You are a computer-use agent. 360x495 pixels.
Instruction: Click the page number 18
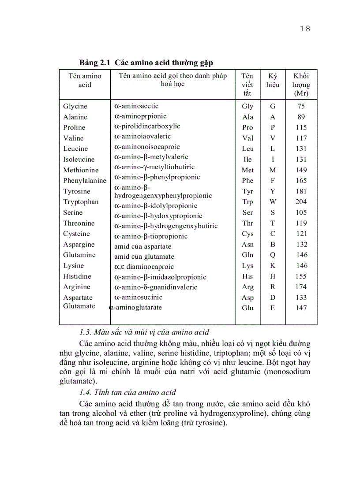point(305,29)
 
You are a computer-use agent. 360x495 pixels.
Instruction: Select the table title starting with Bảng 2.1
point(149,63)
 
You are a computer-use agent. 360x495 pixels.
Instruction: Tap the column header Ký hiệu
point(273,80)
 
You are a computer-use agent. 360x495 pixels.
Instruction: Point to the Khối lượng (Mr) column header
point(301,84)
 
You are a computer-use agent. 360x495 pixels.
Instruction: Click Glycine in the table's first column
point(75,106)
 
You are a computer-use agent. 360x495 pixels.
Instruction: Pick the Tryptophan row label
point(81,202)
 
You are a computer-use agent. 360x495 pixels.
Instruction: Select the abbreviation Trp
point(247,202)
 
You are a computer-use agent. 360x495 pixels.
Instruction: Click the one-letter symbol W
point(273,202)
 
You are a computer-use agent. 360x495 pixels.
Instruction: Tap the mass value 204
point(301,202)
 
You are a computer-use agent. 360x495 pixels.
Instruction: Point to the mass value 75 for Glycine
point(301,106)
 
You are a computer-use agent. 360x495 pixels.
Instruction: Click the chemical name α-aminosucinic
point(139,298)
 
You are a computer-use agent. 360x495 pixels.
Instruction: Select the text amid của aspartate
point(142,246)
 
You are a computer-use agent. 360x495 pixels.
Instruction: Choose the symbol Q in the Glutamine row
point(273,255)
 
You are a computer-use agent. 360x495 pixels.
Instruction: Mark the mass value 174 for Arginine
point(301,287)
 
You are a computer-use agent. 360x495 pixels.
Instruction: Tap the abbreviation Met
point(247,170)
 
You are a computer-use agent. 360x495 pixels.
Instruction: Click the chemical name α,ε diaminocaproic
point(138,267)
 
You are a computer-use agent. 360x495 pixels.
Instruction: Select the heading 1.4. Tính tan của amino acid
point(128,393)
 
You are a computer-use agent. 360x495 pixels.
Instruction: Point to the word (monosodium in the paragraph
point(287,372)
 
